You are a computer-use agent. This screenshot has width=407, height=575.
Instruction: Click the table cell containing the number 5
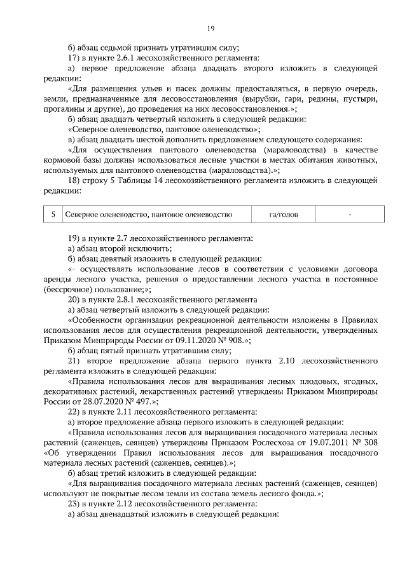tap(53, 215)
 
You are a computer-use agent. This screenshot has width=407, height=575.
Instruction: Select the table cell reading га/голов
tap(283, 215)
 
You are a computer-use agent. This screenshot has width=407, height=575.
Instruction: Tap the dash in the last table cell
tap(350, 215)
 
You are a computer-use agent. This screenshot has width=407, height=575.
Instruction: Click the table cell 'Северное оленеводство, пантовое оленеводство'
tap(148, 215)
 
